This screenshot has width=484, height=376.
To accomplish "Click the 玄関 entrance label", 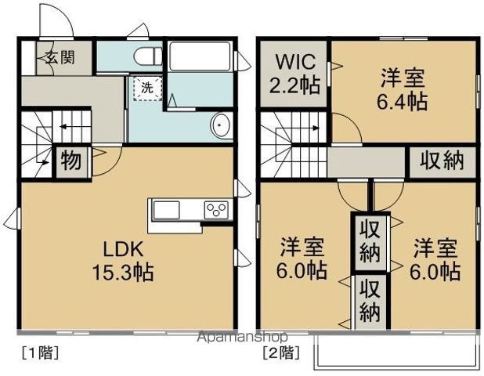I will [x=59, y=57].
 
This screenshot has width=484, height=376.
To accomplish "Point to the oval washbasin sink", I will [x=222, y=125].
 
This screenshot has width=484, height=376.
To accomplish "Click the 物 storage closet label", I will [x=70, y=161].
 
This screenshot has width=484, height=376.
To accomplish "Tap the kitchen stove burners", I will [x=216, y=209].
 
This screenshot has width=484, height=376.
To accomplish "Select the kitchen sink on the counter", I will [x=166, y=210].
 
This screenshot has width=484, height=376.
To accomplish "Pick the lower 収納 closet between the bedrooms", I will [x=370, y=300].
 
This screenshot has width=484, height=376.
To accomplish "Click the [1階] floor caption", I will [x=38, y=352].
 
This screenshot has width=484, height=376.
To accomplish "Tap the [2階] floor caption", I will [x=280, y=352].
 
